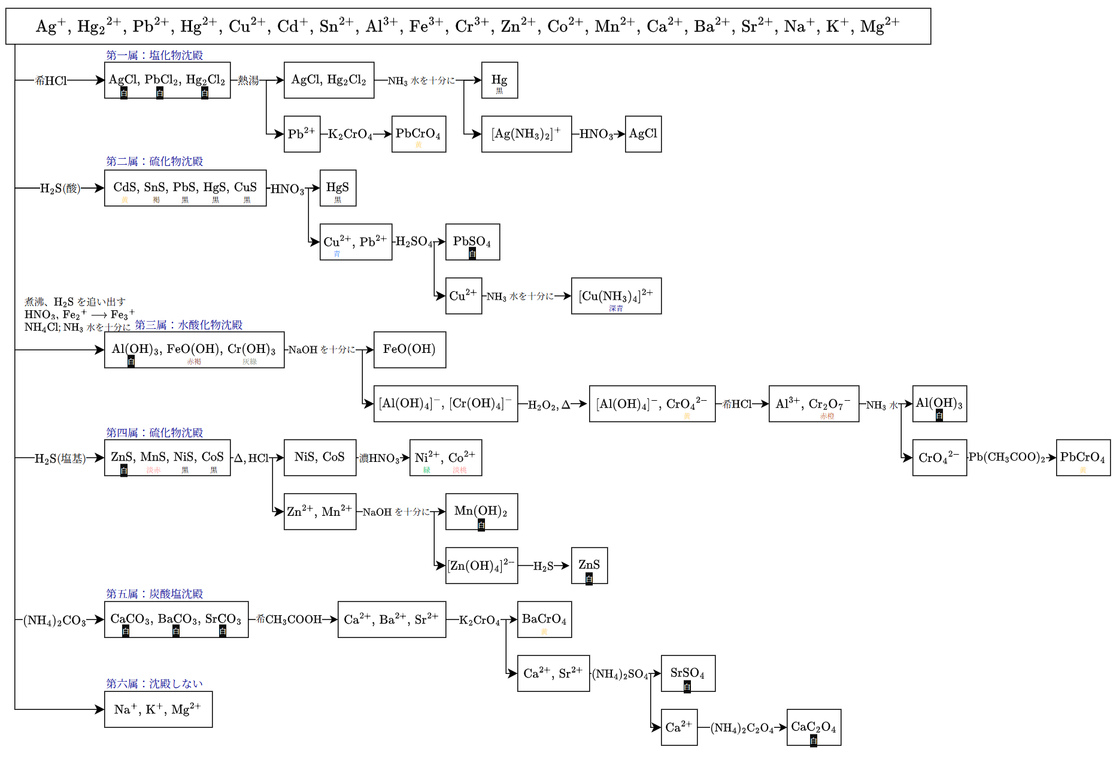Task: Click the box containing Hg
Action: pyautogui.click(x=499, y=80)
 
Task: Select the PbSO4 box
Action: pyautogui.click(x=472, y=242)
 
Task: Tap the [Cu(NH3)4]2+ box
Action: pyautogui.click(x=616, y=296)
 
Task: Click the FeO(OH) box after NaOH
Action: pyautogui.click(x=410, y=350)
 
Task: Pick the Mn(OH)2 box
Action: pyautogui.click(x=481, y=512)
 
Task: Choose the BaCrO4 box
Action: pyautogui.click(x=544, y=619)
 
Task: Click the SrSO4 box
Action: pyautogui.click(x=688, y=673)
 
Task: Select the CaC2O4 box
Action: pyautogui.click(x=814, y=727)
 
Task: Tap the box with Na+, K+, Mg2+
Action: pyautogui.click(x=158, y=709)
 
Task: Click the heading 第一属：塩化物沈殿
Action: pyautogui.click(x=154, y=55)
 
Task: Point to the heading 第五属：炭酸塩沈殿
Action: pyautogui.click(x=154, y=594)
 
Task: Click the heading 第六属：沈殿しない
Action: pyautogui.click(x=154, y=684)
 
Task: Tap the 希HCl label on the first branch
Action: pyautogui.click(x=51, y=80)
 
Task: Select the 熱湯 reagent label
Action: pyautogui.click(x=248, y=80)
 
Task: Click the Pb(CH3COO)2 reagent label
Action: pyautogui.click(x=1007, y=458)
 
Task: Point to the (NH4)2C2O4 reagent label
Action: pyautogui.click(x=742, y=728)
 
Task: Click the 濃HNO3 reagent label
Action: pyautogui.click(x=380, y=458)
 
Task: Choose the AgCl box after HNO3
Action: pyautogui.click(x=643, y=134)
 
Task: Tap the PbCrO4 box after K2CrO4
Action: pyautogui.click(x=419, y=134)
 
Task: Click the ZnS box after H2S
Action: pyautogui.click(x=589, y=566)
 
